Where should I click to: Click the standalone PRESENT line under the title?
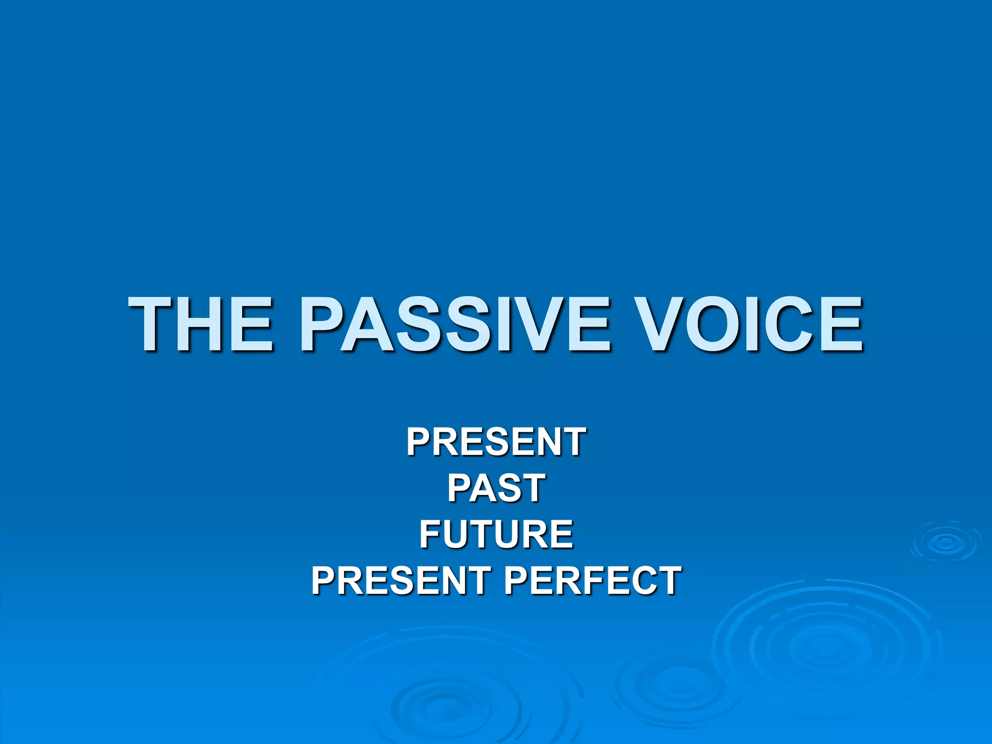pyautogui.click(x=496, y=442)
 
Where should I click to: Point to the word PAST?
pyautogui.click(x=496, y=488)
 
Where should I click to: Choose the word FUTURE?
pyautogui.click(x=496, y=534)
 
